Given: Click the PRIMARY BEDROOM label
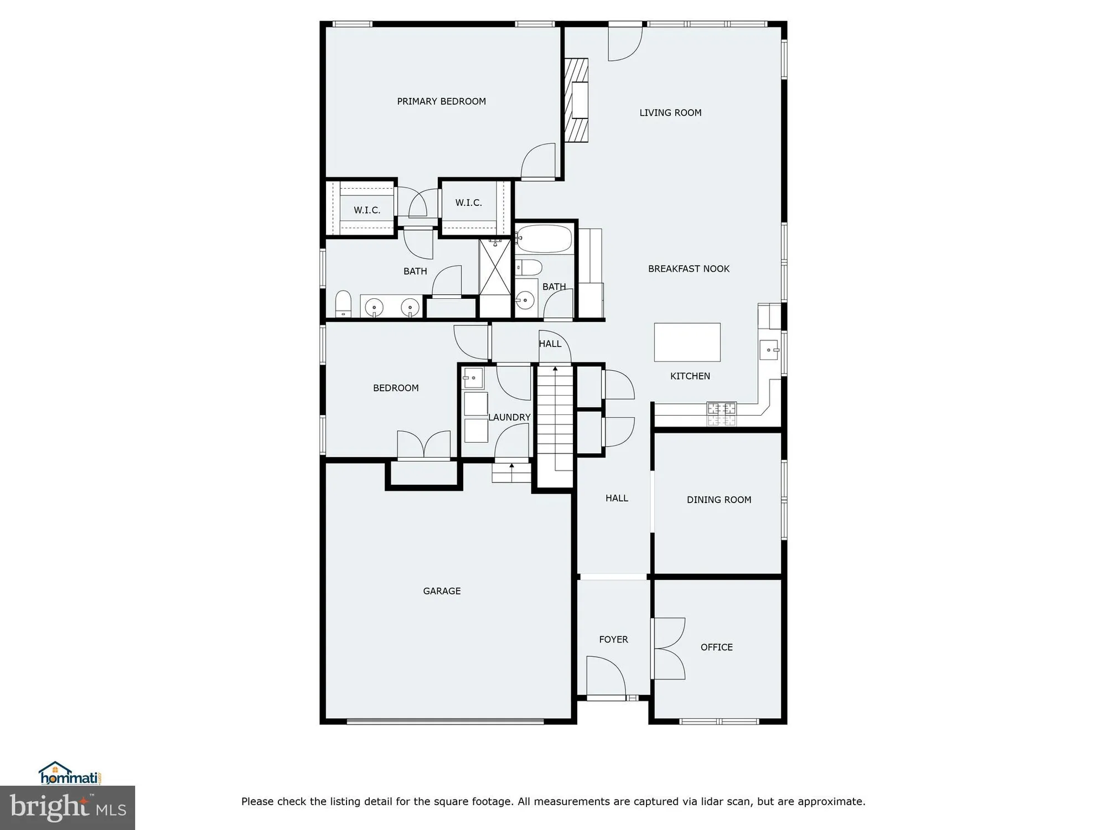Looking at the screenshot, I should coord(441,101).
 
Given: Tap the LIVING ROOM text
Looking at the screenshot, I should coord(670,113).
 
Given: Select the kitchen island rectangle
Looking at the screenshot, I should coord(687,343).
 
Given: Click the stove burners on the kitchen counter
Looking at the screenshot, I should coord(722,414).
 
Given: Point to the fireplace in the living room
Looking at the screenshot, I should coord(576,100).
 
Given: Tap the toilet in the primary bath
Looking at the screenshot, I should coord(343,304).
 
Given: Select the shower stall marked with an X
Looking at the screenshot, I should coord(495,267).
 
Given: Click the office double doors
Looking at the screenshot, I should coord(669,649).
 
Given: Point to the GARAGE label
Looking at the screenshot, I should coord(442,591).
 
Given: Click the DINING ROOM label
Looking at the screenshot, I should coord(719,500).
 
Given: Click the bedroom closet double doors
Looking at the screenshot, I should coord(424,445).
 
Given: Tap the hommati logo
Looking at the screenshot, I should coord(69,774).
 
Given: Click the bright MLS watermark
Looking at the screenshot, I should coord(67,808).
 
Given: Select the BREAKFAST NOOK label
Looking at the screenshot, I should coord(689,269).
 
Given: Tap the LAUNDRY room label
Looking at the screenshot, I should coord(509,417).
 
